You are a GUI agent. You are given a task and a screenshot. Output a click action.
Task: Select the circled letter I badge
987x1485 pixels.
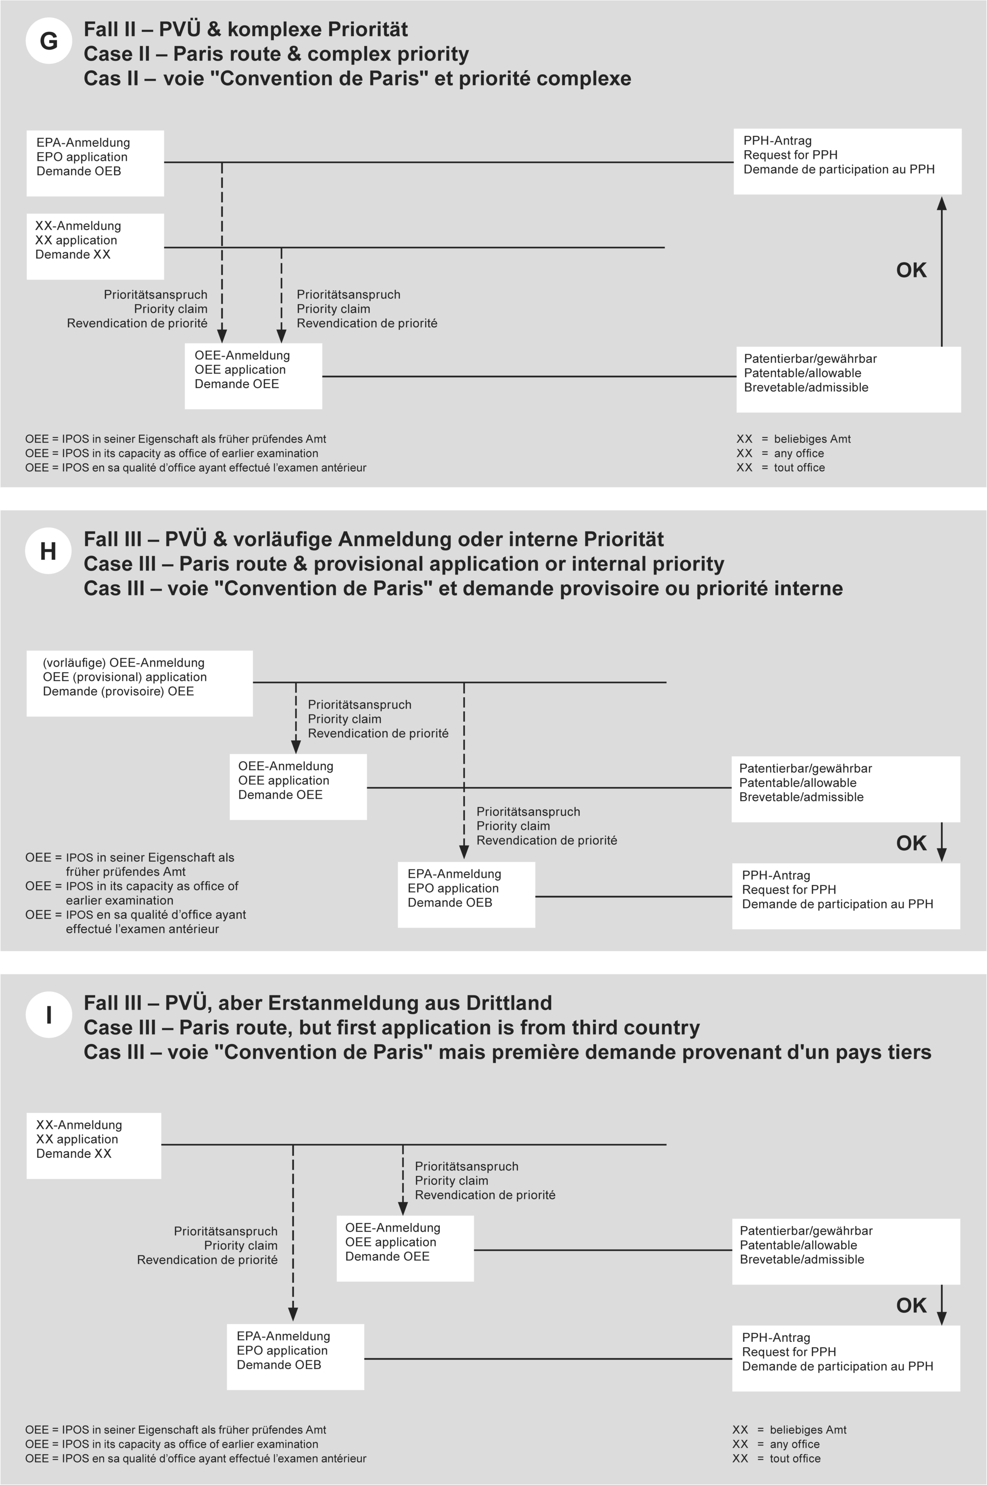click(x=49, y=1015)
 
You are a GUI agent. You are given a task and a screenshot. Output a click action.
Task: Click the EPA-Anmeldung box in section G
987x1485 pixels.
click(x=95, y=163)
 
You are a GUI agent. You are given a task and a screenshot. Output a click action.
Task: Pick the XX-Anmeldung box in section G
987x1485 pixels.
click(x=95, y=246)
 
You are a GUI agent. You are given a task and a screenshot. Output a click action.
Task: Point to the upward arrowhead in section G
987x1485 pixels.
click(x=942, y=203)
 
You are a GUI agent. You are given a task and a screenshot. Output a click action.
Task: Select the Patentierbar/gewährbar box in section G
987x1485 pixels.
click(x=849, y=379)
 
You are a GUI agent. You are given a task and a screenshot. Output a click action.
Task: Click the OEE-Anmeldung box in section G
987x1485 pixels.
click(x=253, y=376)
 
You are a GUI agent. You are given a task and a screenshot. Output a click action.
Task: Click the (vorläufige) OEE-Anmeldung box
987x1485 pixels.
click(x=139, y=683)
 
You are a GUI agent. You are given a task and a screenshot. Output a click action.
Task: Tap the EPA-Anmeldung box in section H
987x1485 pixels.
click(x=466, y=894)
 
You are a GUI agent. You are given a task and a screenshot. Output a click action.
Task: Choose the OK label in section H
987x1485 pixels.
click(x=911, y=843)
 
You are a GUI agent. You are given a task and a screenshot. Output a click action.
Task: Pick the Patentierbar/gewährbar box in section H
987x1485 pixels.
click(x=845, y=788)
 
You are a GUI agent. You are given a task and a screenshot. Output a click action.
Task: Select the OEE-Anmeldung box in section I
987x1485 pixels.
click(x=405, y=1249)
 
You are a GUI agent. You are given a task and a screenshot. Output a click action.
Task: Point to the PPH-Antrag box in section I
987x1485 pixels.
click(x=845, y=1358)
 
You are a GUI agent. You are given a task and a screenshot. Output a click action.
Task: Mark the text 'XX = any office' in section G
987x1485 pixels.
click(x=780, y=453)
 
